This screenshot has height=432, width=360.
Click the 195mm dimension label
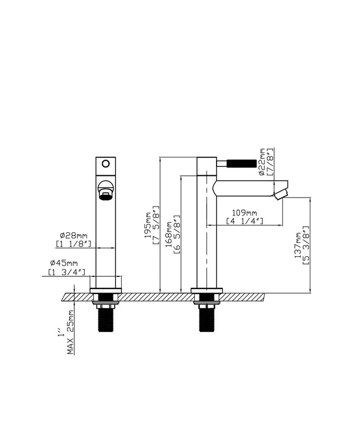148,225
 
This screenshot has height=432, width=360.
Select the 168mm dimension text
168,234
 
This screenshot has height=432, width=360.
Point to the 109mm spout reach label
244,213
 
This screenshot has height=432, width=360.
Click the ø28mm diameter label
74,236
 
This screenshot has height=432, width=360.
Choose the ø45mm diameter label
64,263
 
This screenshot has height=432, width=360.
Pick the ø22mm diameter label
262,162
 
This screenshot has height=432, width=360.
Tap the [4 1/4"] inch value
244,221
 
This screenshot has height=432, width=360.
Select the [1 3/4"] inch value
66,272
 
